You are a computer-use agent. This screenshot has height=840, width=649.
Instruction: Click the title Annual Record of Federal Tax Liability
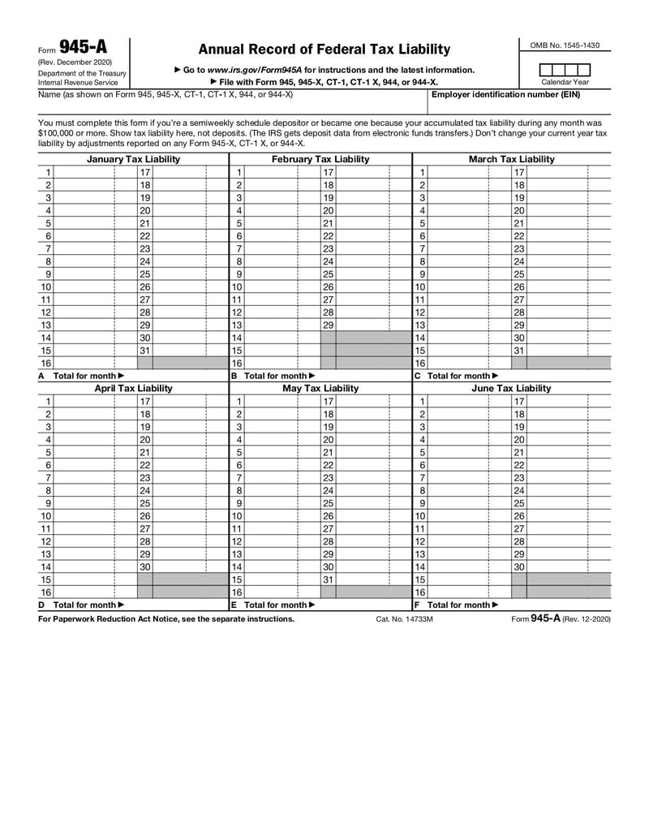coord(324,50)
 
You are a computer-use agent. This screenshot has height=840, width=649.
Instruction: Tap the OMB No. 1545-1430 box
coord(565,45)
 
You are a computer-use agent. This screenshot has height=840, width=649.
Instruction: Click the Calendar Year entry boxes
coord(565,70)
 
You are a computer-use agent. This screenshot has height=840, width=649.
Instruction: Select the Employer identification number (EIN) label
coord(505,94)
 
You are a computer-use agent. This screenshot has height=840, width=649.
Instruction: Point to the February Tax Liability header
coord(320,159)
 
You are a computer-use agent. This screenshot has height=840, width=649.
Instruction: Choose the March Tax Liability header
coord(512,159)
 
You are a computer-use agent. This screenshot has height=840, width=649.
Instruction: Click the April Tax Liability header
coord(133,389)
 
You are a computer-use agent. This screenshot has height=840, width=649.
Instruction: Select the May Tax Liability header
coord(320,389)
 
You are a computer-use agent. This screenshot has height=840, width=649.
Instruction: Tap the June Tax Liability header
coord(512,389)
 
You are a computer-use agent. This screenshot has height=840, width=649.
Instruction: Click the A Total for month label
coord(81,376)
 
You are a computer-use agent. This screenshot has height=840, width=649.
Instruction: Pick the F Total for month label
coord(456,605)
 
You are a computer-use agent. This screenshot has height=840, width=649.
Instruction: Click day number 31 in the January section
coord(145,350)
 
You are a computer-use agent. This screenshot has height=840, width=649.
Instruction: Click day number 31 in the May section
coord(329,579)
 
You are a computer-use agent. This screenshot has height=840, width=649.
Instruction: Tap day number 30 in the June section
coord(519,566)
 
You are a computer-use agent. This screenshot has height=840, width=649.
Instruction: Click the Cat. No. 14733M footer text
coord(404,619)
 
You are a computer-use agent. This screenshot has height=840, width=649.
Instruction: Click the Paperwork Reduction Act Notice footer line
coord(166,618)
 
